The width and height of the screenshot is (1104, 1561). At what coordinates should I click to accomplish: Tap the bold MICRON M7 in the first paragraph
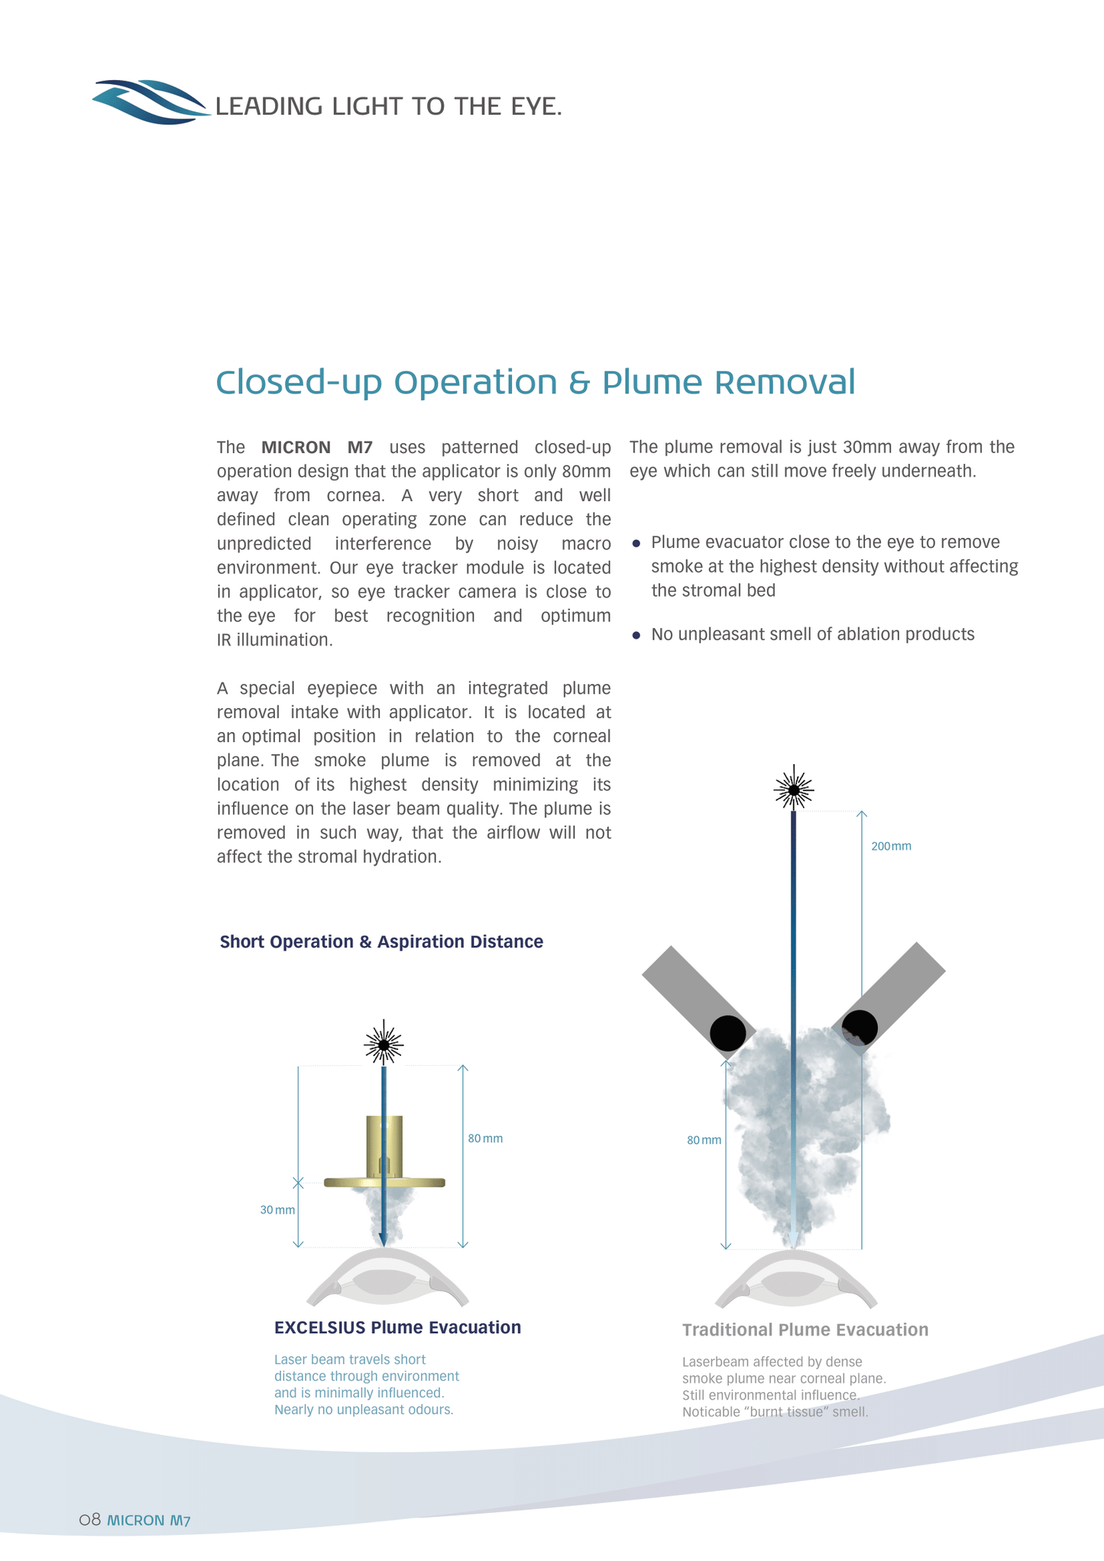coord(316,447)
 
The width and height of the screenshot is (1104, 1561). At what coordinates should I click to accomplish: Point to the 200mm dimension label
coord(891,847)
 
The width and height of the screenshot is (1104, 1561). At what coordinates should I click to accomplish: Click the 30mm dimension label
coord(277,1210)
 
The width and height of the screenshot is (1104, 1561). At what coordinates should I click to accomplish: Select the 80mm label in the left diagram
coord(485,1138)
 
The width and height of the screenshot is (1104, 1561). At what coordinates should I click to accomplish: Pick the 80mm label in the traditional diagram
coord(704,1140)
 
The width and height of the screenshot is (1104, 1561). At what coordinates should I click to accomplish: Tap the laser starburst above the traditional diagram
coord(794,789)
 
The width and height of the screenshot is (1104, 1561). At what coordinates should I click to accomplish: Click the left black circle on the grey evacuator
coord(727,1033)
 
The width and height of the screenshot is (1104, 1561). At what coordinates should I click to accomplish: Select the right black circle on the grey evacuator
coord(860,1028)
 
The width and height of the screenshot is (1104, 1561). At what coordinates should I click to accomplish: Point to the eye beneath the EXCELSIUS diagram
coord(387,1279)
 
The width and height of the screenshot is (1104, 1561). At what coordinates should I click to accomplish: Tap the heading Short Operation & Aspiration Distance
coord(381,941)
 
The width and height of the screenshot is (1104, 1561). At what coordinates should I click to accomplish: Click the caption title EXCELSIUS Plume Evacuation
coord(397,1327)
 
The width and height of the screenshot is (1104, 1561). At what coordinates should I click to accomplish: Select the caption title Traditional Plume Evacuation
coord(805,1329)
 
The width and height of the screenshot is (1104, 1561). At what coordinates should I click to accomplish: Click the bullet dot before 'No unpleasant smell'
coord(636,635)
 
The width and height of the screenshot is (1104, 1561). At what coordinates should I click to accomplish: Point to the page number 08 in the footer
coord(90,1519)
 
